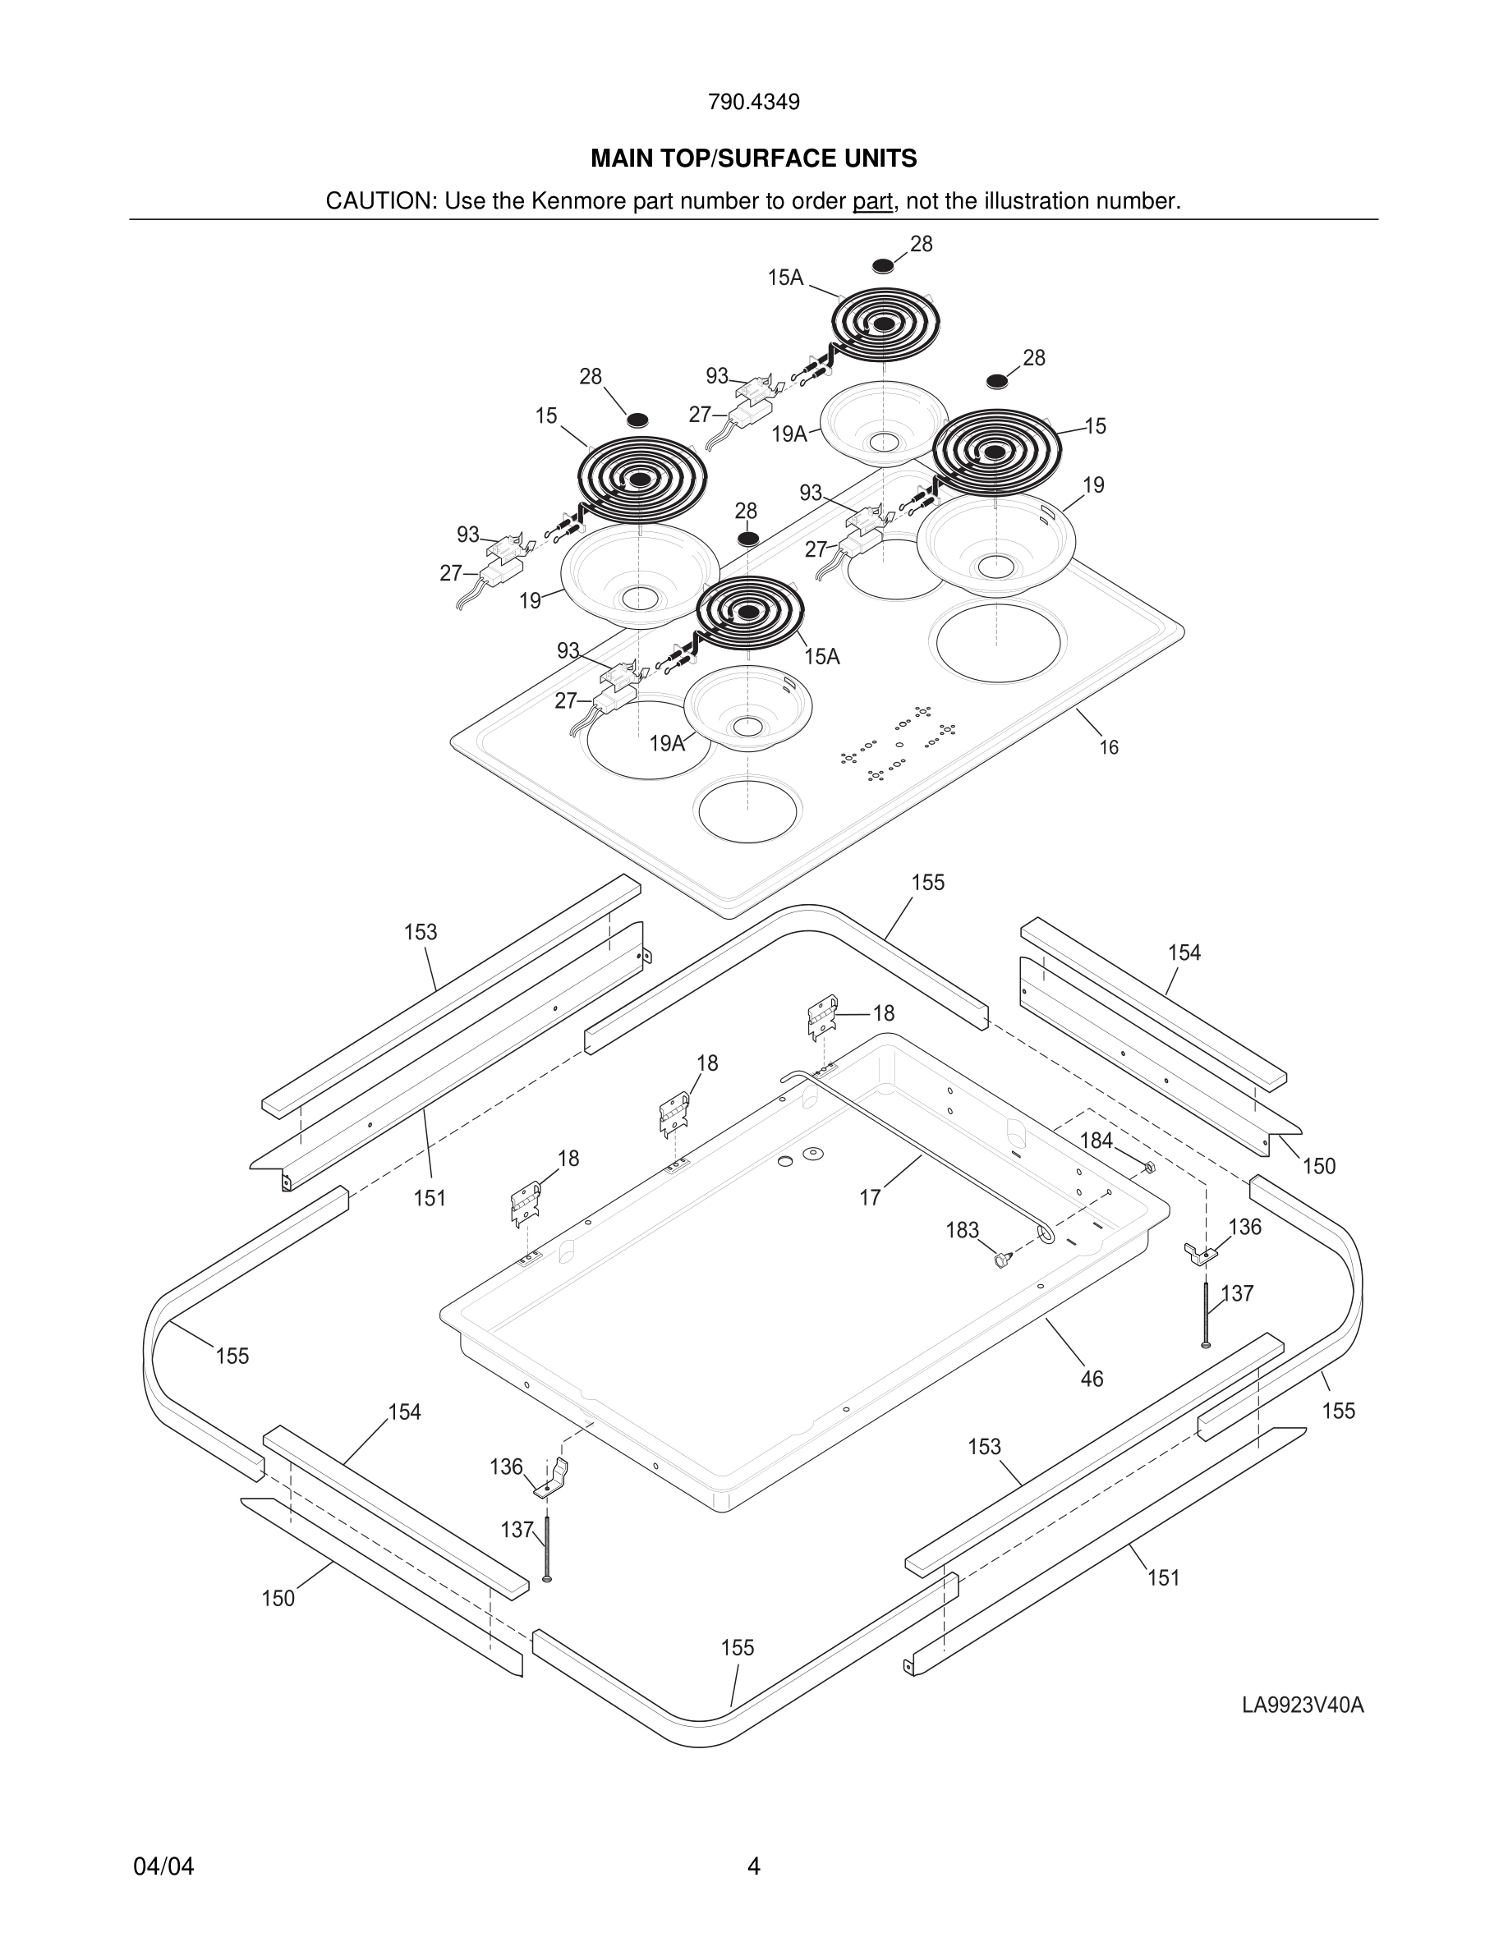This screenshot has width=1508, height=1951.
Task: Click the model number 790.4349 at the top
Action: click(x=753, y=102)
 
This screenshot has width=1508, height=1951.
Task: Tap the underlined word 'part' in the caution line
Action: click(x=872, y=201)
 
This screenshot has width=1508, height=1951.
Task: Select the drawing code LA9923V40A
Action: click(x=1303, y=1705)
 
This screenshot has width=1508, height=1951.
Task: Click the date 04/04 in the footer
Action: click(x=163, y=1866)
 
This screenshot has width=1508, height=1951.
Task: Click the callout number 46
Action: click(x=1092, y=1379)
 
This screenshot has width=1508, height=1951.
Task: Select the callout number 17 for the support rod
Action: click(x=870, y=1198)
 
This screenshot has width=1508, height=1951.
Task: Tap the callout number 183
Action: click(x=962, y=1230)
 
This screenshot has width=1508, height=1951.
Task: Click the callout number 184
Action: click(x=1097, y=1141)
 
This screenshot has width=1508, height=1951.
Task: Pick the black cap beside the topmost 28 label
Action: click(x=883, y=266)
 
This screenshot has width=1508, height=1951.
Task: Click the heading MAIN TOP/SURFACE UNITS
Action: click(x=753, y=159)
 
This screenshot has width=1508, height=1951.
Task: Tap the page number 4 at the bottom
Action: click(x=753, y=1866)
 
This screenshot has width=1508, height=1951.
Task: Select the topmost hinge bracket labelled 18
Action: click(x=822, y=1017)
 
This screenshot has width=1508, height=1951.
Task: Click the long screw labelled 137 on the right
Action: click(x=1206, y=1312)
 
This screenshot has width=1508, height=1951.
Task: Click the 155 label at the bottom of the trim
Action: click(x=738, y=1648)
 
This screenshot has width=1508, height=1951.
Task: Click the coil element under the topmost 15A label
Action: click(x=885, y=324)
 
